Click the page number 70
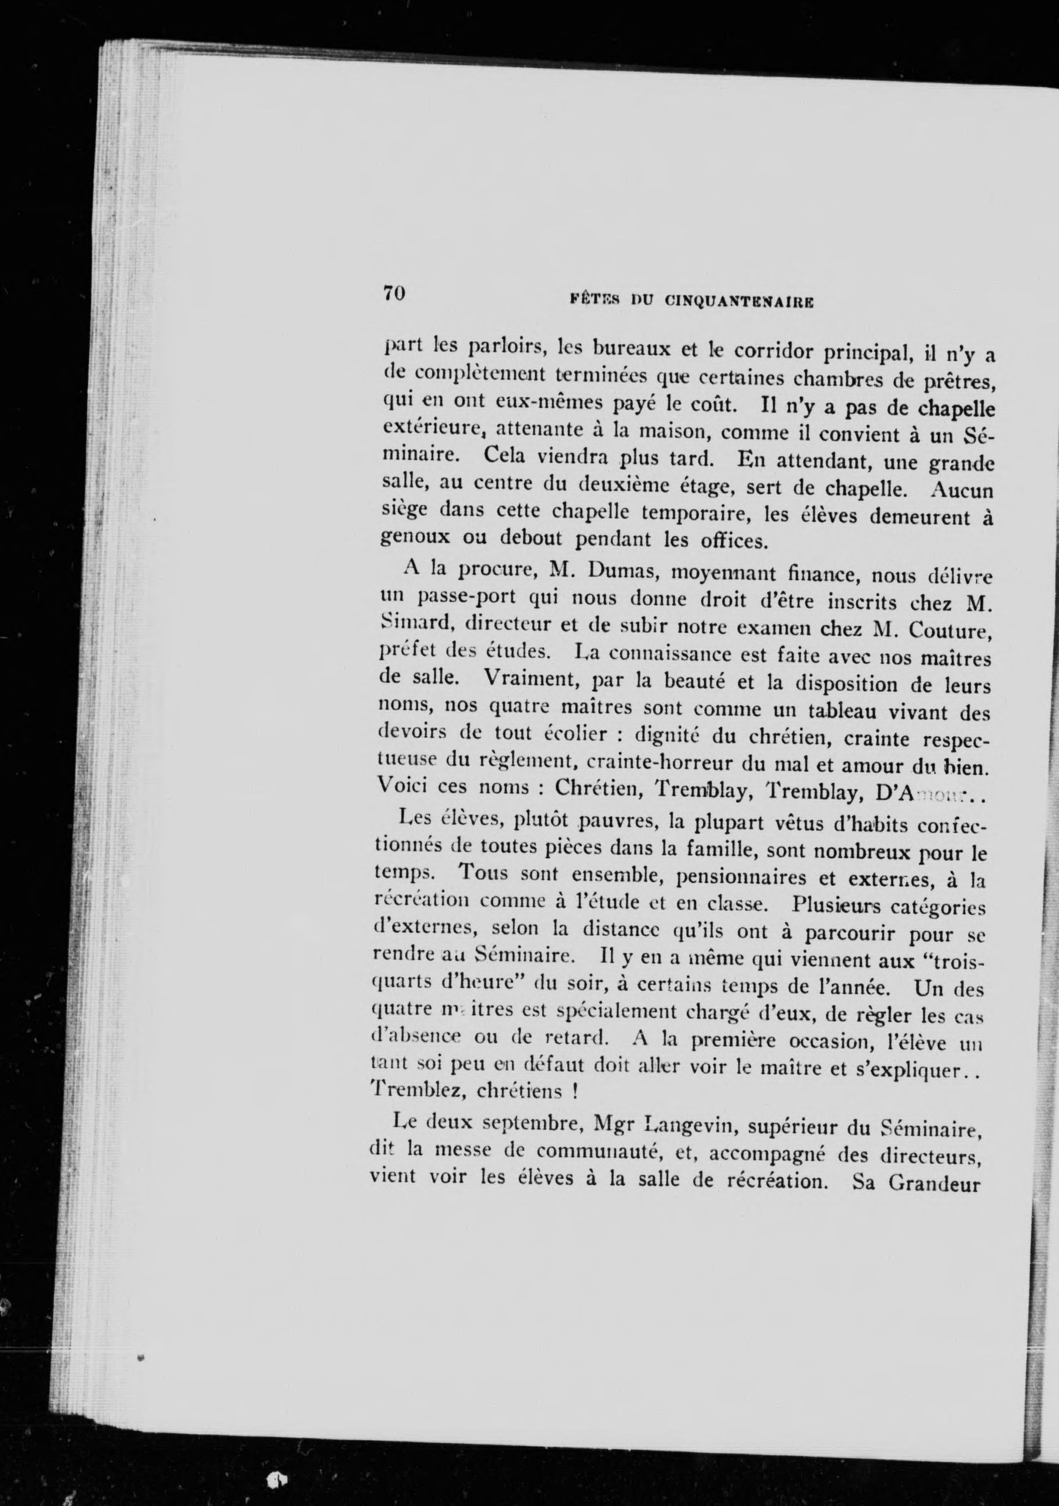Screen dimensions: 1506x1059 395,292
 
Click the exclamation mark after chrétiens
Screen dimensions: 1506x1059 573,1092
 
